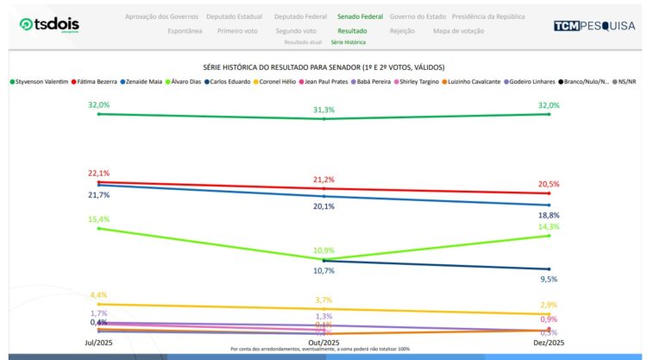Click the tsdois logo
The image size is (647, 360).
(51, 25)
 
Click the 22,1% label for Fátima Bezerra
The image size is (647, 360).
(98, 174)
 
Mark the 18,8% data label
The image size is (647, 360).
(548, 215)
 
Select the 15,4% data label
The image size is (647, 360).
(98, 219)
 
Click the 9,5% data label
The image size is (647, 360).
(548, 279)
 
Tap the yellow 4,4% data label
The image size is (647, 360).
(98, 295)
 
